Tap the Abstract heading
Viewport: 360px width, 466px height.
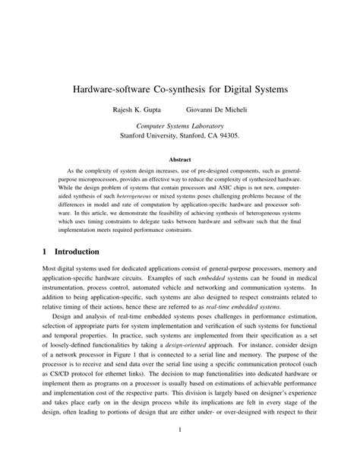point(179,160)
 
